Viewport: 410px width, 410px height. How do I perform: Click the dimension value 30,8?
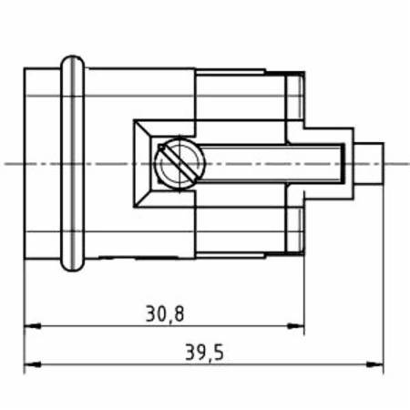coord(164,313)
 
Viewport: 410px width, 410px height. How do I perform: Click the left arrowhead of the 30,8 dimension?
coord(30,325)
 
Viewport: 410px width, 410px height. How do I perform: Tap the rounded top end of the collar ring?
coord(72,62)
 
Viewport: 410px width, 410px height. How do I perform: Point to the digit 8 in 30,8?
coord(179,313)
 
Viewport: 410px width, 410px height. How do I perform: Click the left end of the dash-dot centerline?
coord(7,164)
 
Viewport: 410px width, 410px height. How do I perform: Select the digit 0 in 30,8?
coord(159,313)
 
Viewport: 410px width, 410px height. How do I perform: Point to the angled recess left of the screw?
coord(143,164)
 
